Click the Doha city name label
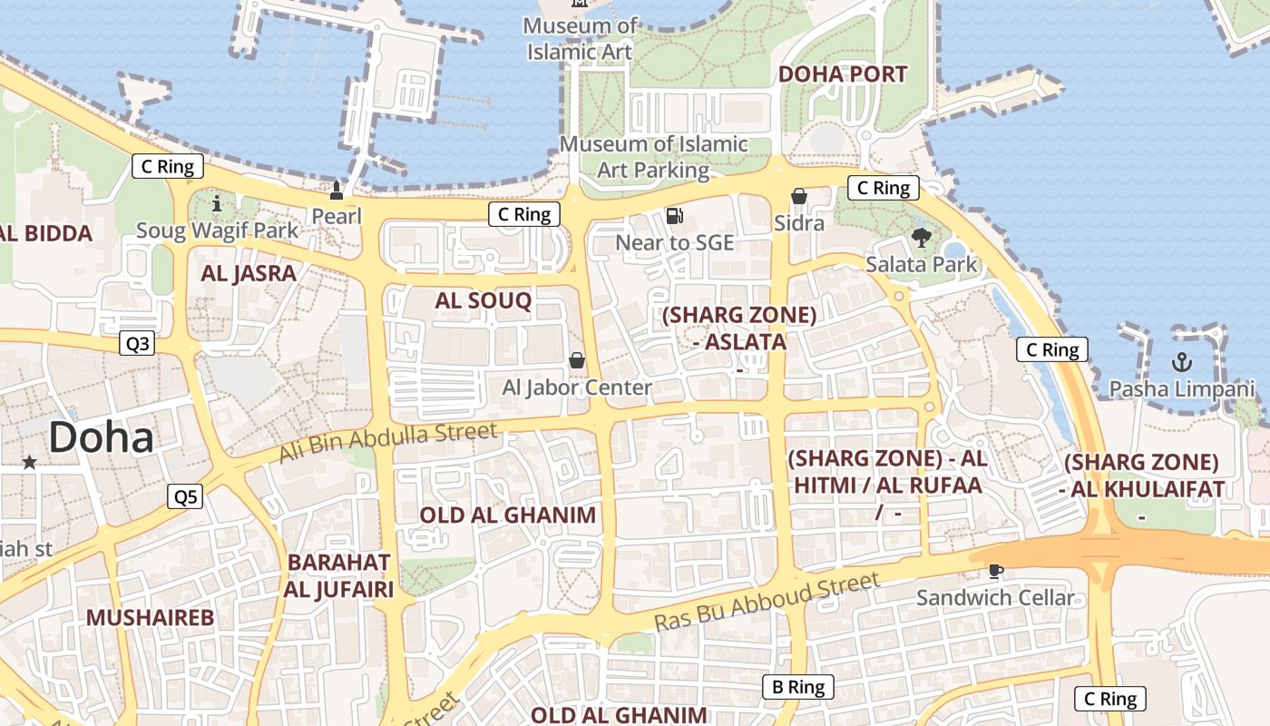101,437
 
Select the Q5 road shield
184,496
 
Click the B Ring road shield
797,687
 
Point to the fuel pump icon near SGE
674,216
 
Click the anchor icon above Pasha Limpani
1181,363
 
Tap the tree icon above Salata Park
922,239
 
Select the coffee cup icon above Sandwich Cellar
995,572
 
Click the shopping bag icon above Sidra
799,197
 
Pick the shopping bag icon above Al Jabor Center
577,361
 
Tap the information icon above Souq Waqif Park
216,204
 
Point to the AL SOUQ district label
483,301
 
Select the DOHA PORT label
843,74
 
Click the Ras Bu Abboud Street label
767,603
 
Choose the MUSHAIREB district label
150,618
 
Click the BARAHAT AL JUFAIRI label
339,575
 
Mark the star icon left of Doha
29,463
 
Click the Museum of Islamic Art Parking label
653,156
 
